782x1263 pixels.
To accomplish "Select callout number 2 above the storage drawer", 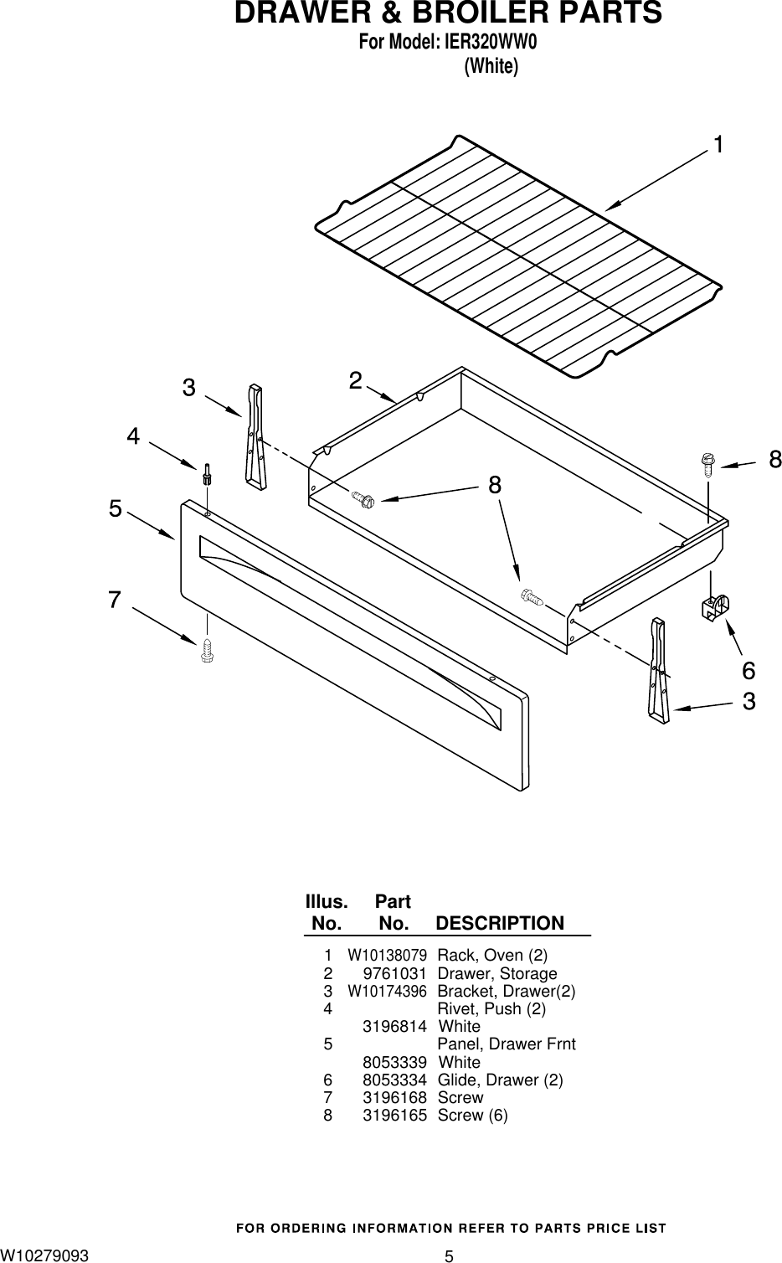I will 356,380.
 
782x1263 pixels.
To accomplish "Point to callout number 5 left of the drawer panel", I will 115,508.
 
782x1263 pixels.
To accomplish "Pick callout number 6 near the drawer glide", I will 748,670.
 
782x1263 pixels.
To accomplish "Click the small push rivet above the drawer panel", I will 207,475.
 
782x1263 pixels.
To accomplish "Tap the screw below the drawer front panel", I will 207,650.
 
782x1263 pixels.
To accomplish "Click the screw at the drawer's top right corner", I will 707,463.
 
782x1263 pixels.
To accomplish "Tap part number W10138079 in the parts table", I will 388,955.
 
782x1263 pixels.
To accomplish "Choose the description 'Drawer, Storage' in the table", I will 497,973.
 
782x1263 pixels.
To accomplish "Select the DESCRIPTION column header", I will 500,923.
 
